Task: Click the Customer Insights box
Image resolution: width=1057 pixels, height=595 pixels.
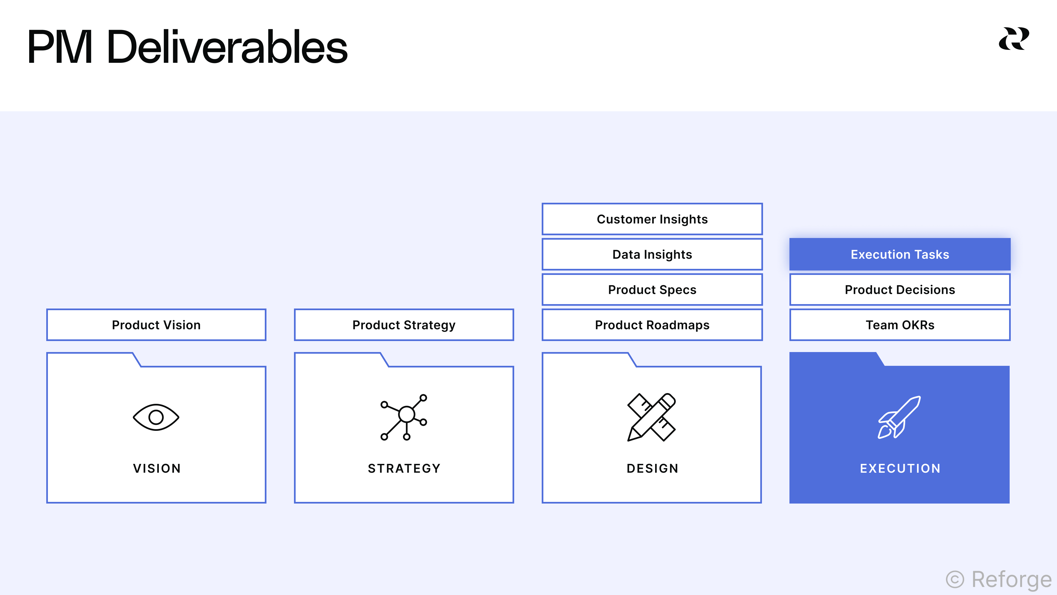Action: click(x=652, y=219)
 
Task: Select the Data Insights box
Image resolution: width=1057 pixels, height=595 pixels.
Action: click(x=652, y=254)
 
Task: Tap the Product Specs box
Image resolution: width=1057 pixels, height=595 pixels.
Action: click(x=652, y=290)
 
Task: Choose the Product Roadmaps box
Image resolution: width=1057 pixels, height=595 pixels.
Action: click(x=652, y=325)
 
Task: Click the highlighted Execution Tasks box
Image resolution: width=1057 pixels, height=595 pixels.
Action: click(x=900, y=254)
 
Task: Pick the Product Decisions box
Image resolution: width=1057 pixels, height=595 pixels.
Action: click(x=900, y=290)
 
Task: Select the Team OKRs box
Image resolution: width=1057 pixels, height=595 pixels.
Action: click(x=900, y=325)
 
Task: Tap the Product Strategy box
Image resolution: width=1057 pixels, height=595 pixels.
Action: click(x=404, y=325)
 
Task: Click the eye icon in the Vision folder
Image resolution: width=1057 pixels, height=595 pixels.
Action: click(x=156, y=417)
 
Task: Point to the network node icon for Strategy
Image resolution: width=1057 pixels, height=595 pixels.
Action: click(x=404, y=417)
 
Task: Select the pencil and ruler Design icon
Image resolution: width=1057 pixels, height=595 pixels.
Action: click(x=652, y=417)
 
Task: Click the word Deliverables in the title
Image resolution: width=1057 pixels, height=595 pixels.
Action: click(x=227, y=47)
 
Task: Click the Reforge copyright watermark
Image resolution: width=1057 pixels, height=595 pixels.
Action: click(x=999, y=579)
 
